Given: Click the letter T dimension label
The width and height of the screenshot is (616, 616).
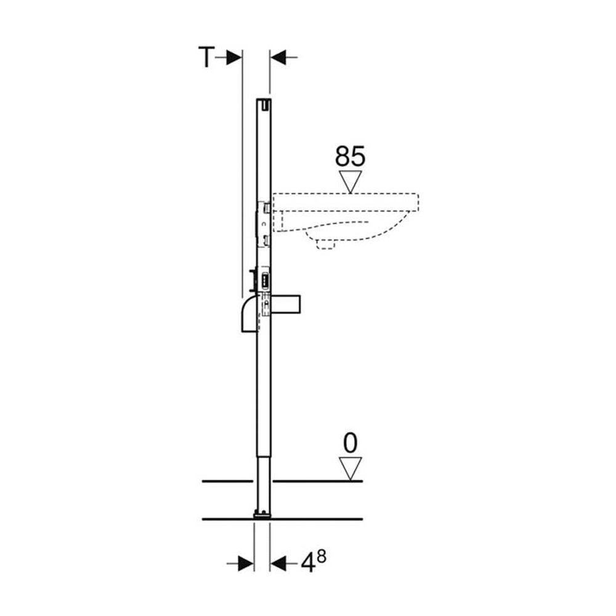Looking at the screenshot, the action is [206, 57].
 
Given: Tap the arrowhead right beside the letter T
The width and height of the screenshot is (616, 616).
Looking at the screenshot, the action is [234, 58].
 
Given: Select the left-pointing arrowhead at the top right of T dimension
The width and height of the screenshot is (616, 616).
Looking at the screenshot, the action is [278, 58].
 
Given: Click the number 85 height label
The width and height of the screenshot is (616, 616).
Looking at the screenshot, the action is [350, 156].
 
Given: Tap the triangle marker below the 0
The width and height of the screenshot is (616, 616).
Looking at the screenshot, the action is [351, 469].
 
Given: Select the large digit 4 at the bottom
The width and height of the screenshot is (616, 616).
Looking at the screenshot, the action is [309, 564].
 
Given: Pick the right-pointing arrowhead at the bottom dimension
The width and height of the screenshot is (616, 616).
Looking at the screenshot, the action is [246, 564].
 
